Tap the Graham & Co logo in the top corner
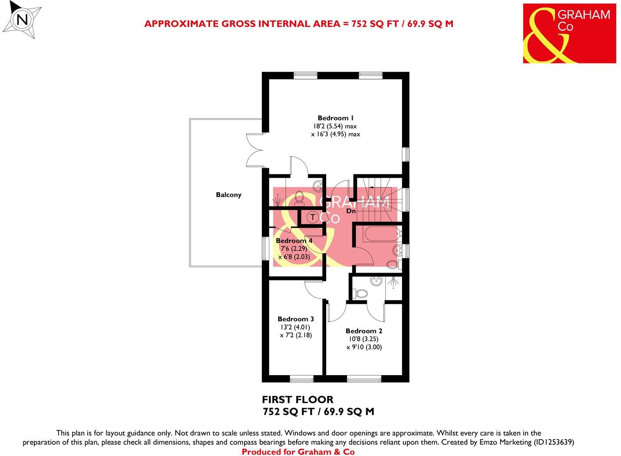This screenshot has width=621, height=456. pyautogui.click(x=569, y=33)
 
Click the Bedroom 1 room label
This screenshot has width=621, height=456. pyautogui.click(x=335, y=118)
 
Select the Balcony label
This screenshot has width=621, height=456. pyautogui.click(x=228, y=195)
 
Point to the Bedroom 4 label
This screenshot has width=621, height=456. pyautogui.click(x=294, y=240)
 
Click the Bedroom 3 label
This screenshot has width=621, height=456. pyautogui.click(x=295, y=319)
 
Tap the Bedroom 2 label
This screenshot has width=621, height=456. pyautogui.click(x=363, y=331)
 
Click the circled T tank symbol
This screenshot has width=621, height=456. pyautogui.click(x=312, y=216)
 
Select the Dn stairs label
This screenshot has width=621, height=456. pyautogui.click(x=351, y=211)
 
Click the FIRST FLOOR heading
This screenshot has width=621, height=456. pyautogui.click(x=297, y=399)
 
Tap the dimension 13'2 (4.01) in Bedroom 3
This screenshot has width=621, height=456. pyautogui.click(x=295, y=327)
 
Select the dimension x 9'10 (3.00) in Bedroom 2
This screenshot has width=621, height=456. pyautogui.click(x=364, y=347)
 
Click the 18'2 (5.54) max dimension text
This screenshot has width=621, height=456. pyautogui.click(x=335, y=126)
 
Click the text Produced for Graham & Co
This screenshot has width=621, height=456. pyautogui.click(x=298, y=452)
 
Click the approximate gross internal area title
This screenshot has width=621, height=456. pyautogui.click(x=298, y=23)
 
